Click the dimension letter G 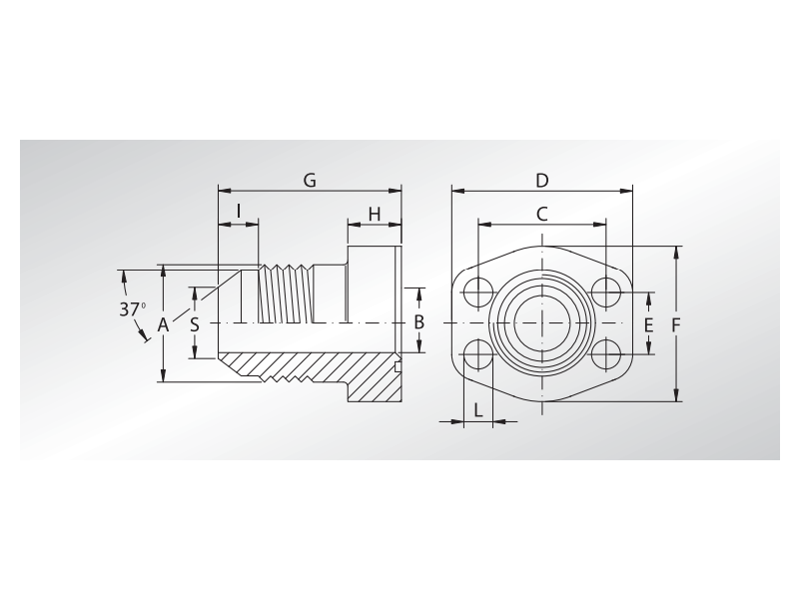[x=310, y=180]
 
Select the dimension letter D [x=542, y=180]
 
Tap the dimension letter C [x=542, y=214]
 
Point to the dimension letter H [x=375, y=214]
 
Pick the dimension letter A [x=163, y=324]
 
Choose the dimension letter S [x=195, y=324]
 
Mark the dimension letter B [x=419, y=322]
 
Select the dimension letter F [x=676, y=325]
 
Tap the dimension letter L [x=478, y=409]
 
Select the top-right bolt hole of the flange [x=606, y=291]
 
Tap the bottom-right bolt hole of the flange [x=606, y=355]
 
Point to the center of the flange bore [x=542, y=323]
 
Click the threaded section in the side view [x=285, y=294]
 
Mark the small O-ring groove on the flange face [x=398, y=366]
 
